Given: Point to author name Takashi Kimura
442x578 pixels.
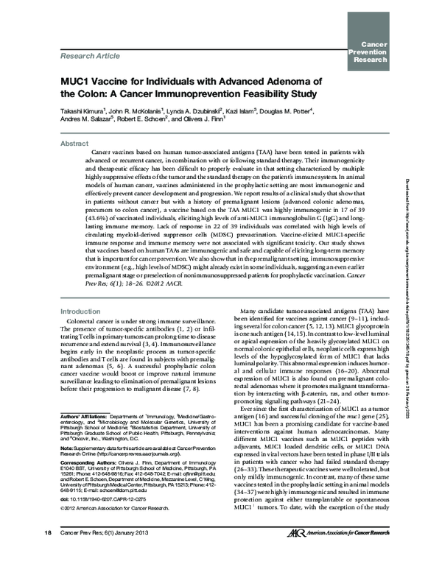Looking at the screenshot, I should coord(83,110).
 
